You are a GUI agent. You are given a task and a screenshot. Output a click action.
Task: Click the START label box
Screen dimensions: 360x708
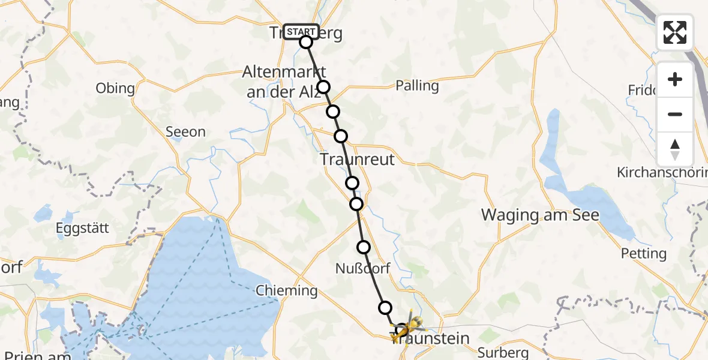(x=301, y=31)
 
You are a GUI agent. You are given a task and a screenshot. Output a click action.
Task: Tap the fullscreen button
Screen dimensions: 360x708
(x=675, y=32)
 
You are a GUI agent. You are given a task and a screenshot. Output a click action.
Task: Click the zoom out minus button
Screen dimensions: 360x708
(x=675, y=114)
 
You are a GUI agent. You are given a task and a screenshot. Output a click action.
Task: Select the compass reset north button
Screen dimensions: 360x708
(x=675, y=149)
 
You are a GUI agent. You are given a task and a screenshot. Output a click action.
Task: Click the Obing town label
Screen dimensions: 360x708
(x=115, y=89)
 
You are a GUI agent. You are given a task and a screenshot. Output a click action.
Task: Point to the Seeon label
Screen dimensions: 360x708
(x=185, y=132)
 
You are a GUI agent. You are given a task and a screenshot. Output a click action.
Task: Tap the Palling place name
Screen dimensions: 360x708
(x=417, y=86)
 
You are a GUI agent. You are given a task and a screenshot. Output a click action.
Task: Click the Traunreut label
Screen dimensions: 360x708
(x=358, y=160)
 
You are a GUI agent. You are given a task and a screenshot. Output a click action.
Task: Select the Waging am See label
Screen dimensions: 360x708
(x=541, y=215)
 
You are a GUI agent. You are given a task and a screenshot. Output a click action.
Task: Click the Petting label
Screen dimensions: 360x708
(x=644, y=253)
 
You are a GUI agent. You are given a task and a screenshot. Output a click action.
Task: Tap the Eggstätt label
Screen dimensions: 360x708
(x=79, y=228)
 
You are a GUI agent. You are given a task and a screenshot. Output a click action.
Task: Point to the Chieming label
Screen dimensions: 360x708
(x=287, y=292)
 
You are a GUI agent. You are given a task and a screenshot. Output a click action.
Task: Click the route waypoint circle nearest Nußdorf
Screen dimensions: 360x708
(x=364, y=247)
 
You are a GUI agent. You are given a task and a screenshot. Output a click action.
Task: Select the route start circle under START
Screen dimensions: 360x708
(x=306, y=42)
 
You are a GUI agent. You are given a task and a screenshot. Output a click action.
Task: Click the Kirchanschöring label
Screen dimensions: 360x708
(x=662, y=173)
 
